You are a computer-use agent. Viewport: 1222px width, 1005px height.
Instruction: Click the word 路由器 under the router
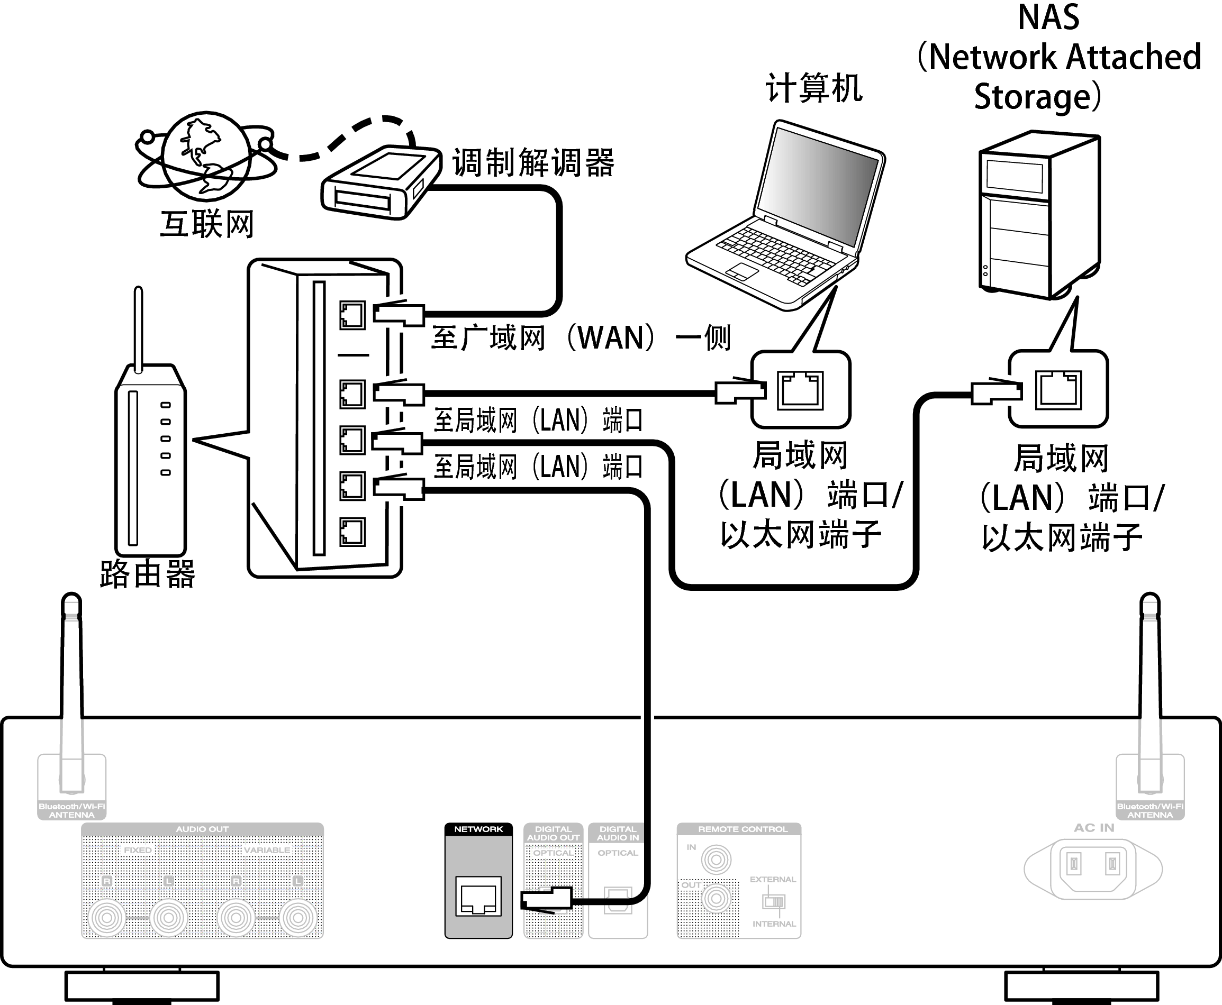tap(148, 574)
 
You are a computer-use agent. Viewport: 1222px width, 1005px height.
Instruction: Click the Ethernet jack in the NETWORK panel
tap(478, 896)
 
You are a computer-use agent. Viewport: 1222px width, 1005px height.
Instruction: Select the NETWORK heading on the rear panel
tap(478, 829)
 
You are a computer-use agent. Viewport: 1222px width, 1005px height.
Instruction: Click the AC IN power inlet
tap(1093, 865)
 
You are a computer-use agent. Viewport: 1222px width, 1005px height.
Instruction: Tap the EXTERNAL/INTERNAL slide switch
tap(774, 901)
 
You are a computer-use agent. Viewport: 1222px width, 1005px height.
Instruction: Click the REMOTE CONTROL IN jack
tap(716, 860)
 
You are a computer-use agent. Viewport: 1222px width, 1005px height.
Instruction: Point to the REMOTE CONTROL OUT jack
tap(716, 899)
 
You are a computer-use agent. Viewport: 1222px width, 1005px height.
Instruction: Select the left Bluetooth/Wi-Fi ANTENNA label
tap(72, 810)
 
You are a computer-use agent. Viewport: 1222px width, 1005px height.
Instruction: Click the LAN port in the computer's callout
tap(800, 390)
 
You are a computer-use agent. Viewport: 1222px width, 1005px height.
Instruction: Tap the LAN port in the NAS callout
tap(1058, 390)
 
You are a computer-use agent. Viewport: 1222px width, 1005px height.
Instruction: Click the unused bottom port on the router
tap(352, 532)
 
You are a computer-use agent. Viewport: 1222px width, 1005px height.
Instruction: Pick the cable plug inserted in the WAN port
tap(399, 314)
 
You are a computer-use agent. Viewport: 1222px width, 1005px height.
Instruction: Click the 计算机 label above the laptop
tap(814, 88)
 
